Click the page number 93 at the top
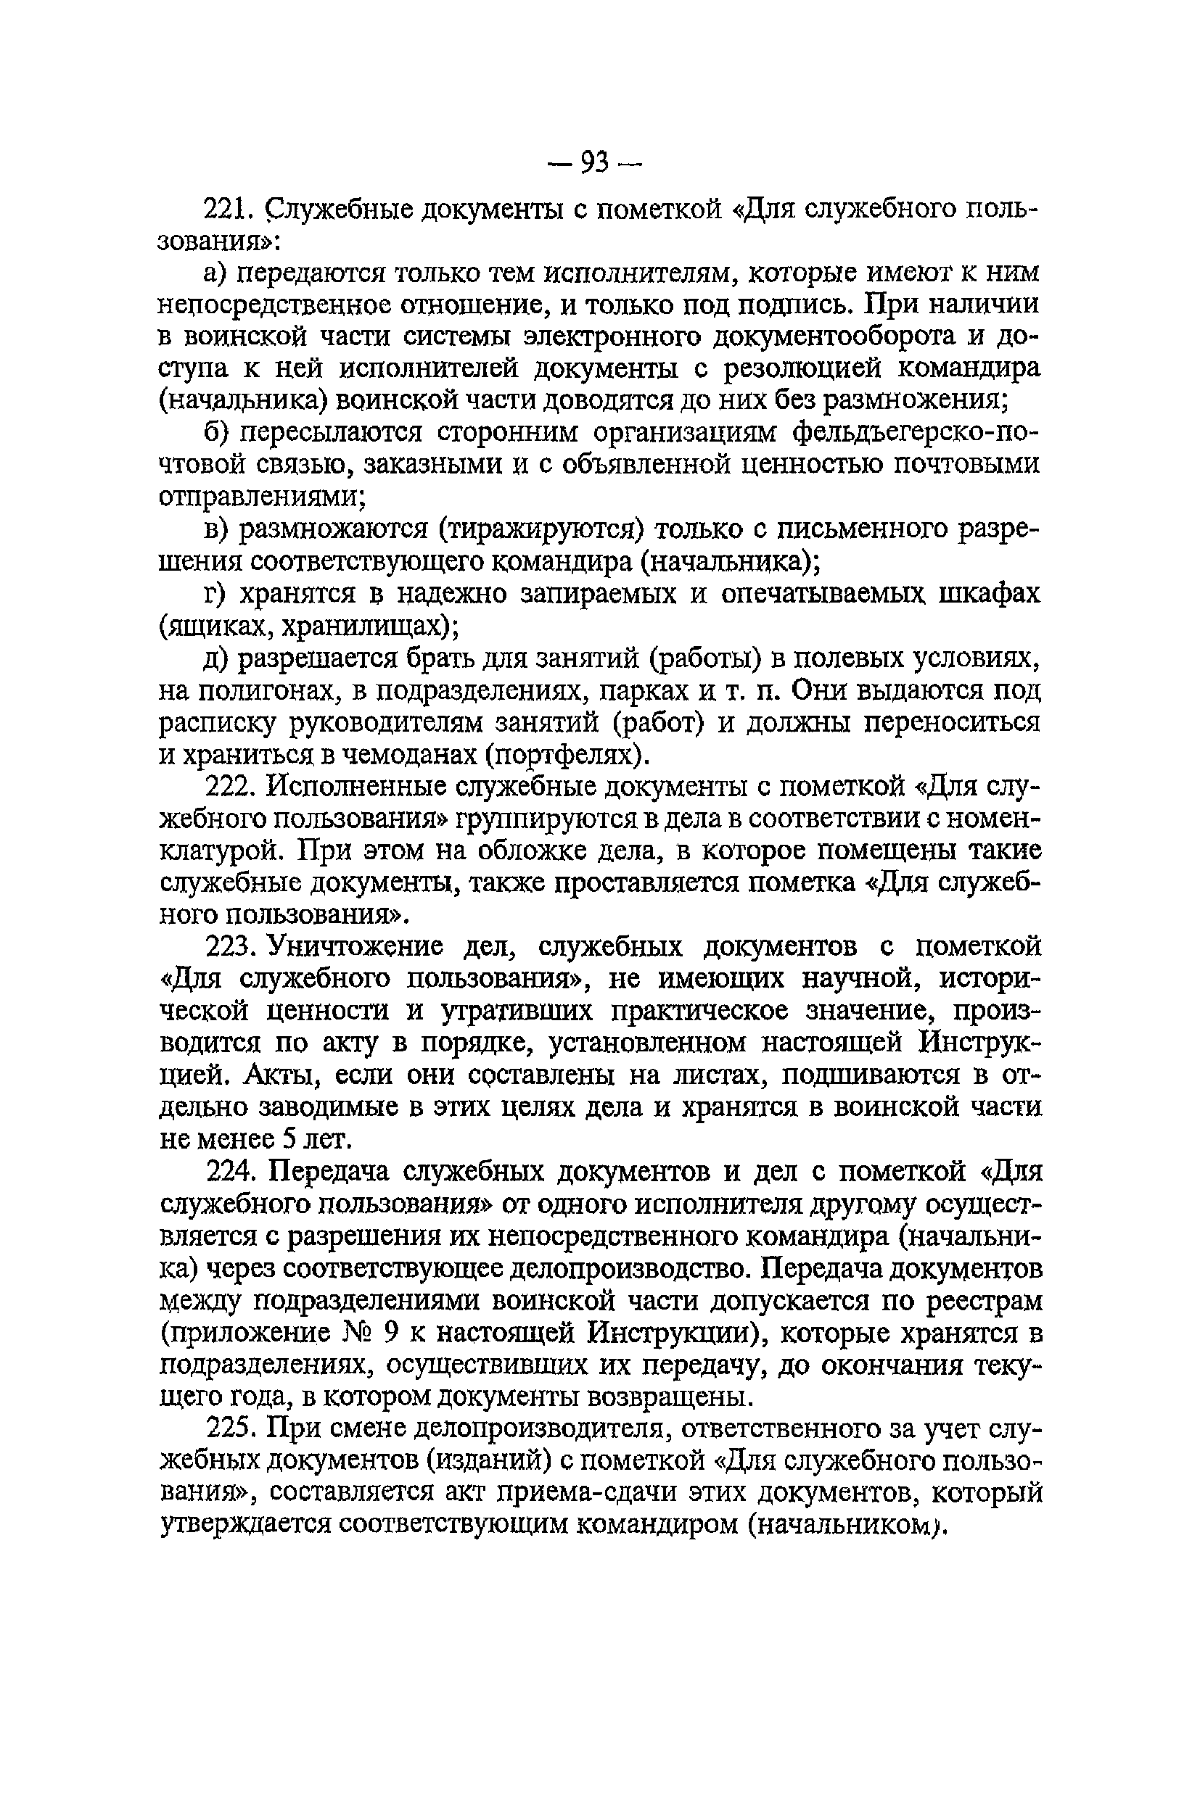595,162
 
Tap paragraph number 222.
229,786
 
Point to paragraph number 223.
229,947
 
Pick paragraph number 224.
229,1172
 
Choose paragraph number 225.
229,1428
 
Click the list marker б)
218,433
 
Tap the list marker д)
218,658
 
